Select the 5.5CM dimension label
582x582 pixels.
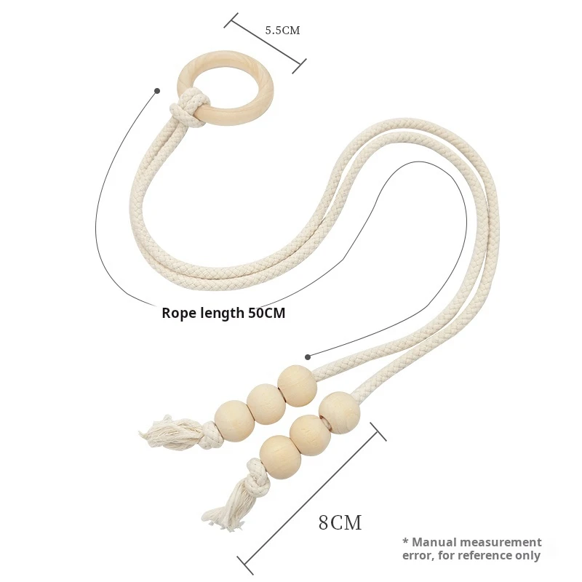282,31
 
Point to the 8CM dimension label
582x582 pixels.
340,522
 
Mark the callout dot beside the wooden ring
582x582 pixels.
156,91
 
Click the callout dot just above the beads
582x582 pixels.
308,356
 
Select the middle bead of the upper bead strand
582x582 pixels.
266,404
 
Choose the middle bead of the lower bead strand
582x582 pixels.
310,435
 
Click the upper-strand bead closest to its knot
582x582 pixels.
234,420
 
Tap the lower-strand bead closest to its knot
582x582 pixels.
280,456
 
